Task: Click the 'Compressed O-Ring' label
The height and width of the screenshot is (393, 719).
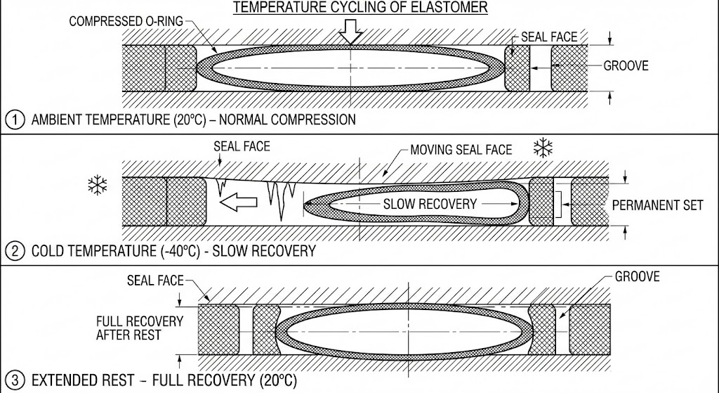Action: pos(126,22)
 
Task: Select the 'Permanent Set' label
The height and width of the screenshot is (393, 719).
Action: pos(657,205)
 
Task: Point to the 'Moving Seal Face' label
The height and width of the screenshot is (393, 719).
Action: pos(461,150)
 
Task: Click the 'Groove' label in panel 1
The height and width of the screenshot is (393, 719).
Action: pos(626,66)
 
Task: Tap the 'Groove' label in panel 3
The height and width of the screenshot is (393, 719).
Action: pos(637,277)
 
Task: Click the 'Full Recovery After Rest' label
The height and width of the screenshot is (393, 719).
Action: pos(140,328)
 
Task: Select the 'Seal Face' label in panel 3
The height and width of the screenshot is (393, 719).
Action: pos(154,281)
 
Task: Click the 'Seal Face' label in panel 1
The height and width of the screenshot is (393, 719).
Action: pos(549,37)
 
